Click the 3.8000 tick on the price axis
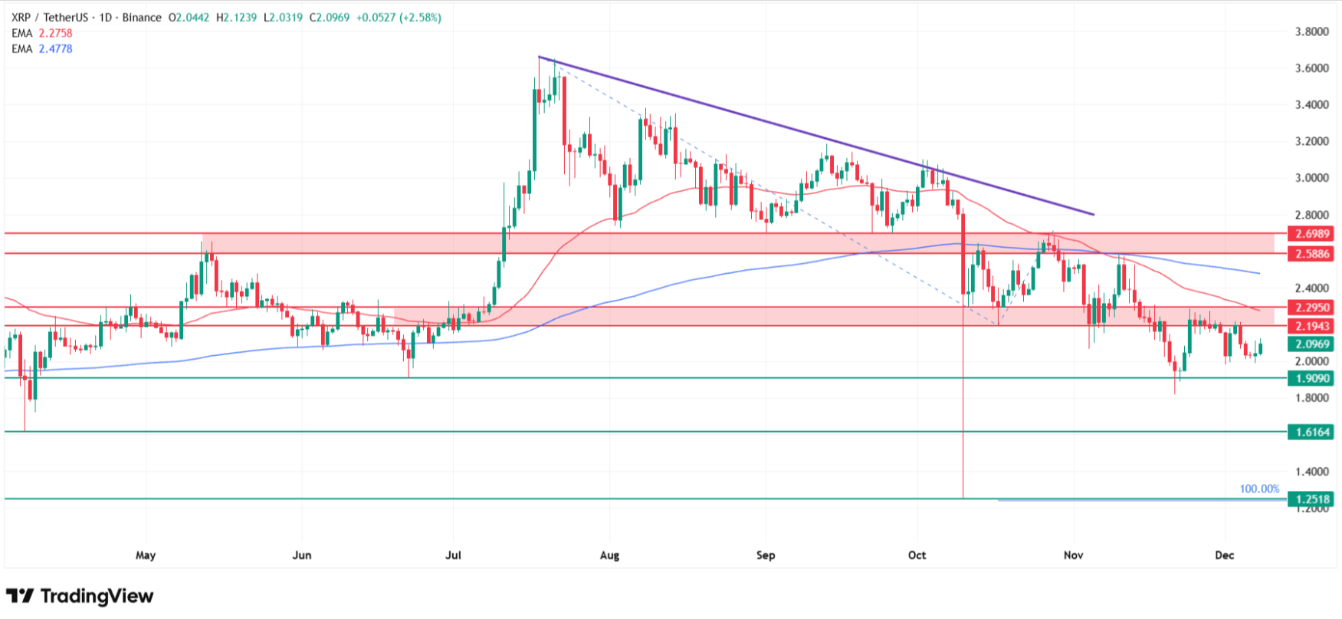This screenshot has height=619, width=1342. coord(1311,31)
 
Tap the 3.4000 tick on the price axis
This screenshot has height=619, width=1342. coord(1311,104)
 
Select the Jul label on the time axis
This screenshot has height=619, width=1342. coord(453,555)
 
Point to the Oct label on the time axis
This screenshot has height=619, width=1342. coord(917,555)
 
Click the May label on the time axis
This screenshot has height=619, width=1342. coord(145,555)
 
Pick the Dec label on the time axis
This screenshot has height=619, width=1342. coord(1225,555)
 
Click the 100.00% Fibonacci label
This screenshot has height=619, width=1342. coord(1259,489)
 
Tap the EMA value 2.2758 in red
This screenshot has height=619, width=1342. coord(55,33)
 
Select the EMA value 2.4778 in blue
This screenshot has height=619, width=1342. coord(55,48)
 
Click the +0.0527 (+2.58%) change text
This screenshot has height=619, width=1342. coord(399,17)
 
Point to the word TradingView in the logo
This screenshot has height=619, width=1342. coord(97,596)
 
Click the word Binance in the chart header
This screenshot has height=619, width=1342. coord(142,17)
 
